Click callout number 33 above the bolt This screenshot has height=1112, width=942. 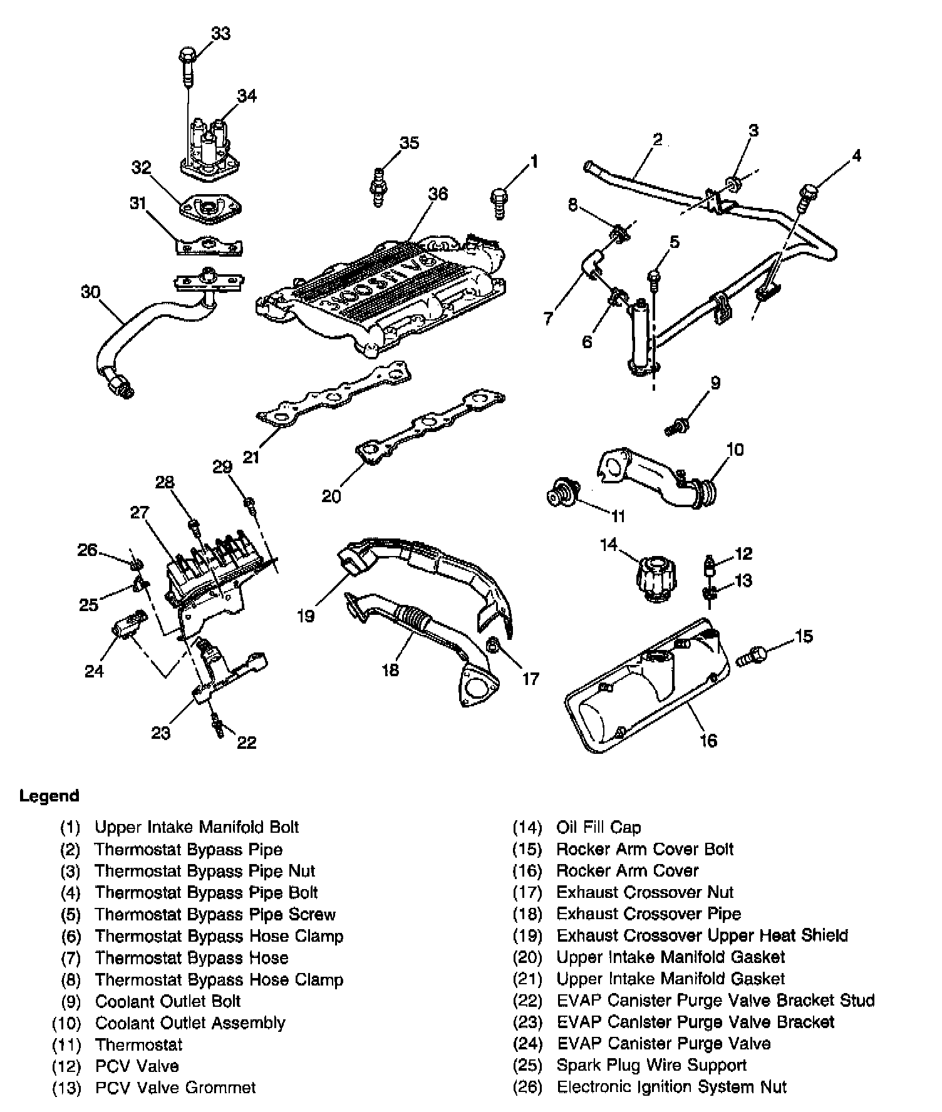coord(220,33)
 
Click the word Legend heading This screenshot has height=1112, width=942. coord(49,796)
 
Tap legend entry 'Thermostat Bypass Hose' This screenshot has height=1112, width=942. coord(191,957)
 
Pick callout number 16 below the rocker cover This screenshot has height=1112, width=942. coord(708,741)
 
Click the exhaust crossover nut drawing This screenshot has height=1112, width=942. coord(493,644)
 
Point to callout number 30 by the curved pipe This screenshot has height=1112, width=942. coord(91,292)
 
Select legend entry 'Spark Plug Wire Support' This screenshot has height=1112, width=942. coord(651,1065)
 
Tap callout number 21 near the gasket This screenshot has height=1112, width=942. coord(251,458)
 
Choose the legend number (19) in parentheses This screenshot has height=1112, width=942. coord(527,935)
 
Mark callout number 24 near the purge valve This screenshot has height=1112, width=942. coord(94,671)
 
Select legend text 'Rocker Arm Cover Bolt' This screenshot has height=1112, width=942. coord(644,849)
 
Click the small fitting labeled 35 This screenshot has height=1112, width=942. coord(378,186)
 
